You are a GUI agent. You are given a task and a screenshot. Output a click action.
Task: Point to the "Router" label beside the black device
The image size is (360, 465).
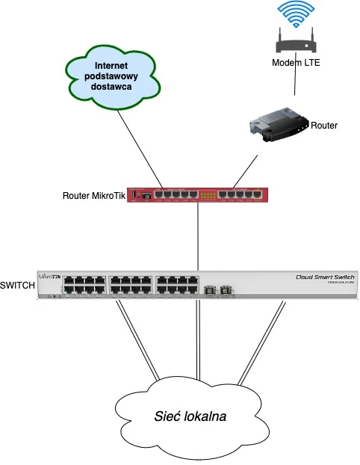[x=324, y=126]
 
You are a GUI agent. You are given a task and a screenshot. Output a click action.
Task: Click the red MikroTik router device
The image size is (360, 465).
[x=197, y=195]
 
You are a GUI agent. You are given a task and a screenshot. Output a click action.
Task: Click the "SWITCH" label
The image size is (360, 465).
[x=16, y=285]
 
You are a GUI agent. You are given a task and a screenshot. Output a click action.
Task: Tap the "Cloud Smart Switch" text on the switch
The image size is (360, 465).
[x=316, y=277]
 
